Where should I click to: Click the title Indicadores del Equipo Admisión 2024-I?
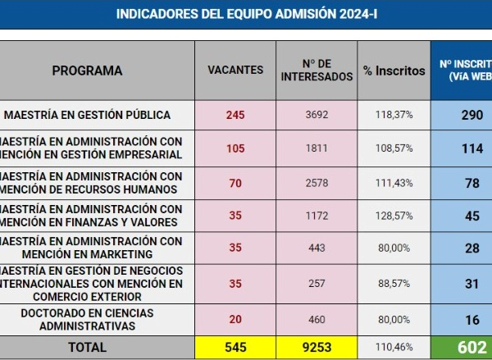click(x=247, y=14)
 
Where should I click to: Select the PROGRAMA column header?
click(x=87, y=71)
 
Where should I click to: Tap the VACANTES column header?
click(x=235, y=71)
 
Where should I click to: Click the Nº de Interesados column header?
click(x=317, y=71)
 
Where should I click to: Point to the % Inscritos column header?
click(x=394, y=71)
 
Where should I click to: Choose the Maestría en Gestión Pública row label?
click(x=87, y=115)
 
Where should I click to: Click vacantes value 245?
click(x=235, y=115)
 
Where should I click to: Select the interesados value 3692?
click(x=317, y=115)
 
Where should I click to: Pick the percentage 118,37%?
click(x=394, y=115)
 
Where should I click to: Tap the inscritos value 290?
click(x=471, y=115)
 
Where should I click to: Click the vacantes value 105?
click(x=235, y=148)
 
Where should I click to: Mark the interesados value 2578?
click(x=317, y=183)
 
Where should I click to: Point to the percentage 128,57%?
click(x=394, y=216)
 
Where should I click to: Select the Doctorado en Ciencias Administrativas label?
click(x=87, y=320)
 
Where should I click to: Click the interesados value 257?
click(x=317, y=284)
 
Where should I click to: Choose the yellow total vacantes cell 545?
click(x=235, y=347)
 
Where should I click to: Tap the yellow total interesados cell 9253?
click(x=317, y=347)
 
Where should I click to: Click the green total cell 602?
click(x=471, y=347)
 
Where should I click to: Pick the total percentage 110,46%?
click(x=394, y=347)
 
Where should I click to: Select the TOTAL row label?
click(x=87, y=347)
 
